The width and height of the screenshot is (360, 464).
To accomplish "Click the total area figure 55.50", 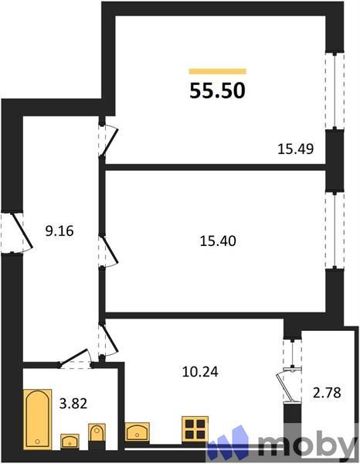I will click(x=218, y=90).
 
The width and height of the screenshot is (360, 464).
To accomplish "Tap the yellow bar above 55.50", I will click(x=218, y=71).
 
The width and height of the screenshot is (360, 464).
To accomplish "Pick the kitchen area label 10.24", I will click(x=199, y=371).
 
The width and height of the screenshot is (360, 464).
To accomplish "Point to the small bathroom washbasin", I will click(x=70, y=441).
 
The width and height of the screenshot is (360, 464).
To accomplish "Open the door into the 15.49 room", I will click(x=107, y=139).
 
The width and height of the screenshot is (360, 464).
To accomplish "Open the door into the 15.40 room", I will click(x=107, y=251).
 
